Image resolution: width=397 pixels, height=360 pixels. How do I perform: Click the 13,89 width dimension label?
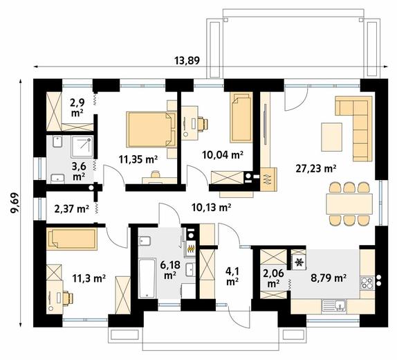click(187, 61)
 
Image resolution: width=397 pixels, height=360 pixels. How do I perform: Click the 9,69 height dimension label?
click(15, 202)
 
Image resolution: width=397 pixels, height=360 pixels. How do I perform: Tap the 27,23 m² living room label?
click(316, 168)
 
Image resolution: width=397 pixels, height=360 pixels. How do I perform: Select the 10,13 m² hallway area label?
click(211, 208)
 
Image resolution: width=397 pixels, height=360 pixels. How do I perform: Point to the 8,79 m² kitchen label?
click(329, 278)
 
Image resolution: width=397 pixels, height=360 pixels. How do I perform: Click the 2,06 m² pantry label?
click(273, 278)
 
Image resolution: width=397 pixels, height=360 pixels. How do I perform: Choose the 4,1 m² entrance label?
click(232, 276)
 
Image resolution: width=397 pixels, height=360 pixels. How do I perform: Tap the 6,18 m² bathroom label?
click(170, 270)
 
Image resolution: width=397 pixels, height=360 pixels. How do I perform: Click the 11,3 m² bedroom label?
click(89, 278)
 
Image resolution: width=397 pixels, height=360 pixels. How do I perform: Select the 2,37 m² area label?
click(72, 209)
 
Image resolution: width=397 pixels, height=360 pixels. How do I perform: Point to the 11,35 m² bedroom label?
click(138, 159)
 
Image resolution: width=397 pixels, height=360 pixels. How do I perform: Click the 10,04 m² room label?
click(223, 154)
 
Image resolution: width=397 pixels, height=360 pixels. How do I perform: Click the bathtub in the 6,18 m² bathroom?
click(147, 278)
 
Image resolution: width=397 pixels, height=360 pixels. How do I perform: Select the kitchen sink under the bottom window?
click(334, 305)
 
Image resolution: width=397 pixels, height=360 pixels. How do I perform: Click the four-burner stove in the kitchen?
click(367, 282)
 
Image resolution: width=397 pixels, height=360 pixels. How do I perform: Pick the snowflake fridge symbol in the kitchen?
click(299, 262)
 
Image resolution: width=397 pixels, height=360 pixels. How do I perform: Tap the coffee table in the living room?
click(331, 137)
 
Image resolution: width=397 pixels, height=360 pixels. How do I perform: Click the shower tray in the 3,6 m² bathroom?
click(82, 147)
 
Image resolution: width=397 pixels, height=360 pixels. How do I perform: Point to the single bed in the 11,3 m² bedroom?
click(72, 239)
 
